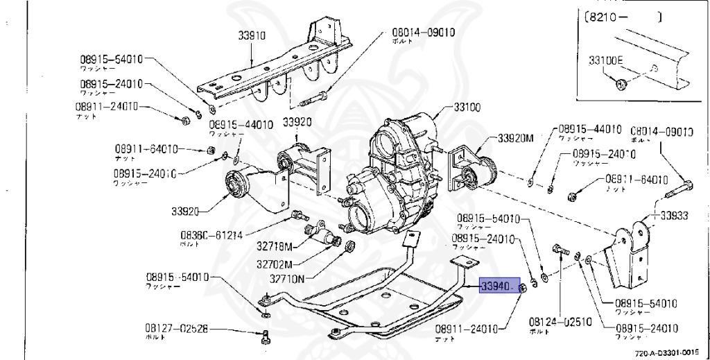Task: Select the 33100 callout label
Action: (x=467, y=108)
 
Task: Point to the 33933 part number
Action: (x=674, y=216)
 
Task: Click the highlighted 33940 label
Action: (x=496, y=286)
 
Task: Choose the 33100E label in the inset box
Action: (x=606, y=60)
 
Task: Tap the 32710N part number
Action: (x=286, y=280)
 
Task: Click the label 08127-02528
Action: (x=176, y=328)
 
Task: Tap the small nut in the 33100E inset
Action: (x=622, y=85)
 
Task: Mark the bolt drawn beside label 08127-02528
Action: (x=264, y=338)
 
